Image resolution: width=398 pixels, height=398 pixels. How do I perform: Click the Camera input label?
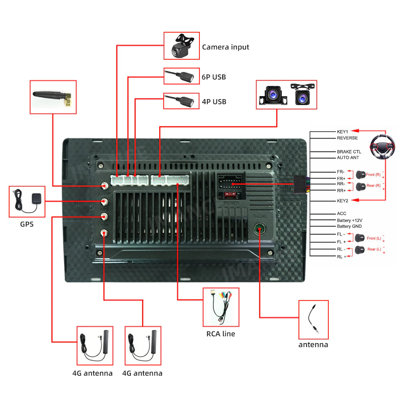[x=225, y=47]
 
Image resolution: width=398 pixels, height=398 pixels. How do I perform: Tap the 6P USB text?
[x=214, y=77]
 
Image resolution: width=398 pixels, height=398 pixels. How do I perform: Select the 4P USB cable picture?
[x=181, y=101]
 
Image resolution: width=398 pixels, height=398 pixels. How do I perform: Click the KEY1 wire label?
[x=342, y=132]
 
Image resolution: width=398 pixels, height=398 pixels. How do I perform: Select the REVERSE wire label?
[x=347, y=138]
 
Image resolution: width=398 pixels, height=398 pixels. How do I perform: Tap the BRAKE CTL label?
[x=349, y=152]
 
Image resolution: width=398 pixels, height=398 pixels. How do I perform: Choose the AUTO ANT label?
[x=348, y=158]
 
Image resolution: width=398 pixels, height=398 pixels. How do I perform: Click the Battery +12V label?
[x=349, y=220]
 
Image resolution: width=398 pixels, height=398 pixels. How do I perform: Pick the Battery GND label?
[x=349, y=226]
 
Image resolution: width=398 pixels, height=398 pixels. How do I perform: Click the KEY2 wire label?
[x=342, y=201]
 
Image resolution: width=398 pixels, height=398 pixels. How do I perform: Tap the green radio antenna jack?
[x=259, y=230]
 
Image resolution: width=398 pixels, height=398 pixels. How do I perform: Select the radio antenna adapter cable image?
[x=313, y=320]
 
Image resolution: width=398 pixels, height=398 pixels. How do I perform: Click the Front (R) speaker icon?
[x=361, y=174]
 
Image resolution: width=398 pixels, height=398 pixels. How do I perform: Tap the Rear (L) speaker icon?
[x=360, y=250]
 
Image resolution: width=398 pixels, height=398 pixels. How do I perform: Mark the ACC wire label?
[x=341, y=214]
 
